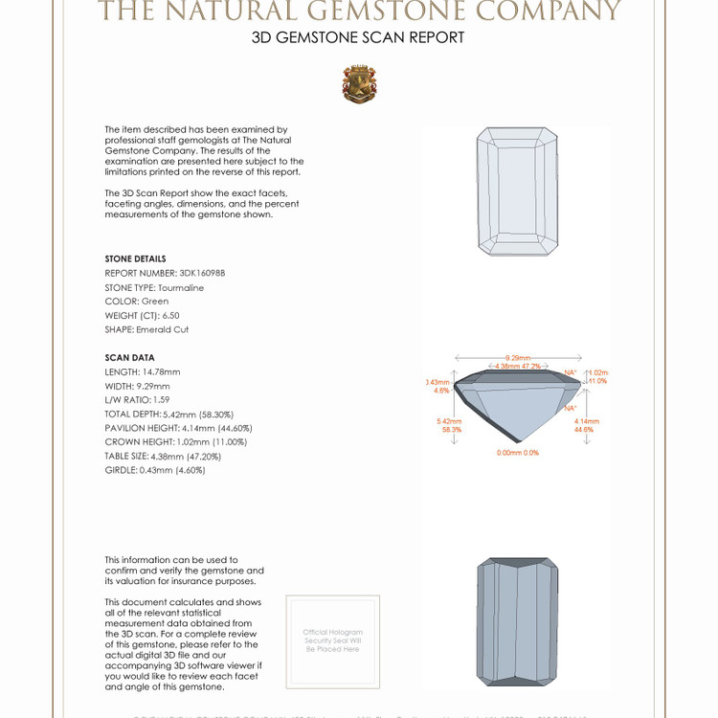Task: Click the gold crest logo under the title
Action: pos(359,84)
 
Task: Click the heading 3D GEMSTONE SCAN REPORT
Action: pos(358,38)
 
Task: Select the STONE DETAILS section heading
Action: pos(135,258)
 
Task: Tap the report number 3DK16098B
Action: pos(165,273)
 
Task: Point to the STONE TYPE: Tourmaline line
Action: pos(154,287)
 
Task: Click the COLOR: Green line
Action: pos(136,301)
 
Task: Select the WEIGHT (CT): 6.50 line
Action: pos(142,315)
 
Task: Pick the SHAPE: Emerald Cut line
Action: pos(146,329)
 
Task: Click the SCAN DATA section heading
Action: pos(129,358)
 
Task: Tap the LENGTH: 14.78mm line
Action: pos(143,371)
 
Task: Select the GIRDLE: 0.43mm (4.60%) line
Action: pos(155,470)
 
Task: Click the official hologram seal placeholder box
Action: pos(332,639)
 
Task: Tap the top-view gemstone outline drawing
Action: pos(517,191)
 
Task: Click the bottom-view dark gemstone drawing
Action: pos(517,621)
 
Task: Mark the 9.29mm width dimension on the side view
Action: pos(517,357)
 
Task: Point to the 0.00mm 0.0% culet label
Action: pos(517,453)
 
